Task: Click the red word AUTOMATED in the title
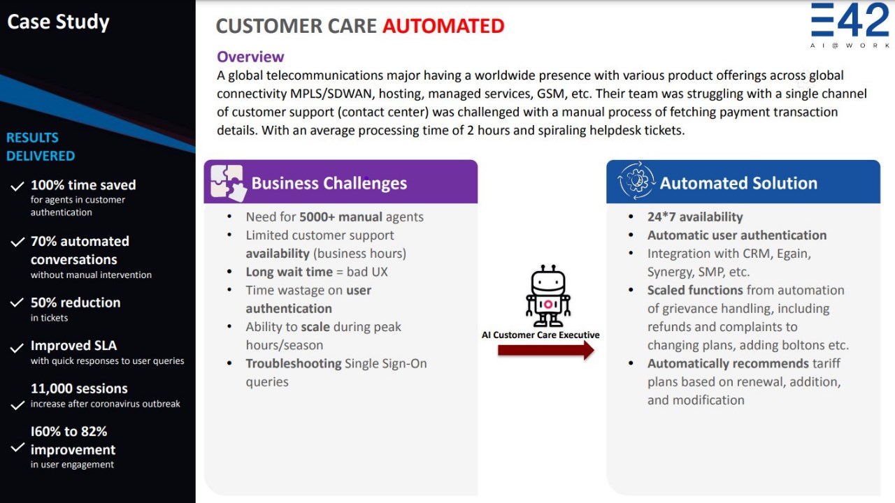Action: pos(443,26)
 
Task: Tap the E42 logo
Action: pos(850,24)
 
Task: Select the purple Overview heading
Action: pos(250,57)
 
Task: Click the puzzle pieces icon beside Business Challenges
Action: pos(228,183)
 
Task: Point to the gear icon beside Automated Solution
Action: pos(636,181)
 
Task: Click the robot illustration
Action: pos(548,296)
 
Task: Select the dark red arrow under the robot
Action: pos(546,351)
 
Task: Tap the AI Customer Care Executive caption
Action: pos(540,335)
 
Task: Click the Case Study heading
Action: pos(58,22)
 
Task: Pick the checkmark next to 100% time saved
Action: pos(17,187)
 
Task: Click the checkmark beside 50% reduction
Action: pos(17,302)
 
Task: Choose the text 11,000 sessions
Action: pos(79,388)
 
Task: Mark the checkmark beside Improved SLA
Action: pos(17,348)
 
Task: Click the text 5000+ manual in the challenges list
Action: pos(341,217)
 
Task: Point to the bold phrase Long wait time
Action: pos(289,272)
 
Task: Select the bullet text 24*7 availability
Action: pos(695,217)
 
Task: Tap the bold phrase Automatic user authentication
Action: pos(737,235)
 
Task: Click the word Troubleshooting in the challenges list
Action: pos(294,364)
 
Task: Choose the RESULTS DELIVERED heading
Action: pos(41,147)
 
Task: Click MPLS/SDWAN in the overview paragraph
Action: pos(332,94)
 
